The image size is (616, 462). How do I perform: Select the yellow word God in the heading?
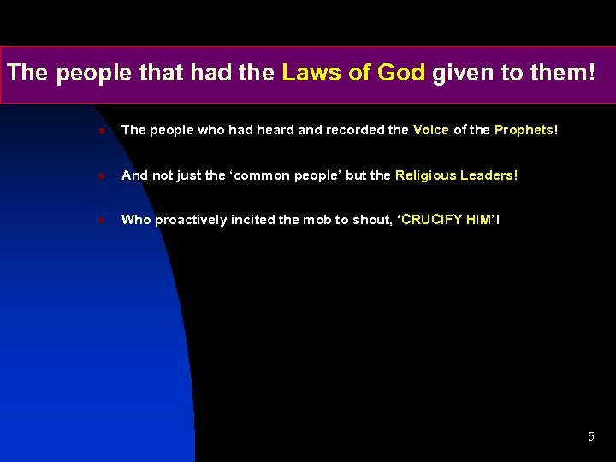click(400, 74)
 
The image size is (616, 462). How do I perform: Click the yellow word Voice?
click(430, 130)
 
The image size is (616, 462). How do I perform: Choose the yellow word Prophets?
click(524, 130)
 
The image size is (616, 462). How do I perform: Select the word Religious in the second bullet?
click(425, 175)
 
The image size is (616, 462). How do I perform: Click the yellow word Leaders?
click(489, 175)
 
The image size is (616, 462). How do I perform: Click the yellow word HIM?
click(478, 220)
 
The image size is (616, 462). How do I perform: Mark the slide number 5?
click(590, 437)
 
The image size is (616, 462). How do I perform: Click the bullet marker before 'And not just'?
click(101, 176)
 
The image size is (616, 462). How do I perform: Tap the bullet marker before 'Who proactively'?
click(101, 221)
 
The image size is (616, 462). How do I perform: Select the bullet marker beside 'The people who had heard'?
click(101, 131)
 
